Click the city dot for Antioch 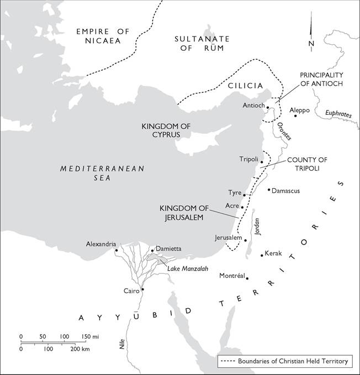(x=268, y=107)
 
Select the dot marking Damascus (x=269, y=190)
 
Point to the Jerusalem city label (x=229, y=237)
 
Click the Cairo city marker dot (x=142, y=289)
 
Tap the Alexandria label (x=101, y=244)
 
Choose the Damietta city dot (x=152, y=250)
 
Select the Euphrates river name (x=338, y=114)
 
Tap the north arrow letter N (x=311, y=44)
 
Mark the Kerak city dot (x=262, y=255)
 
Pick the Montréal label (x=231, y=275)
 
